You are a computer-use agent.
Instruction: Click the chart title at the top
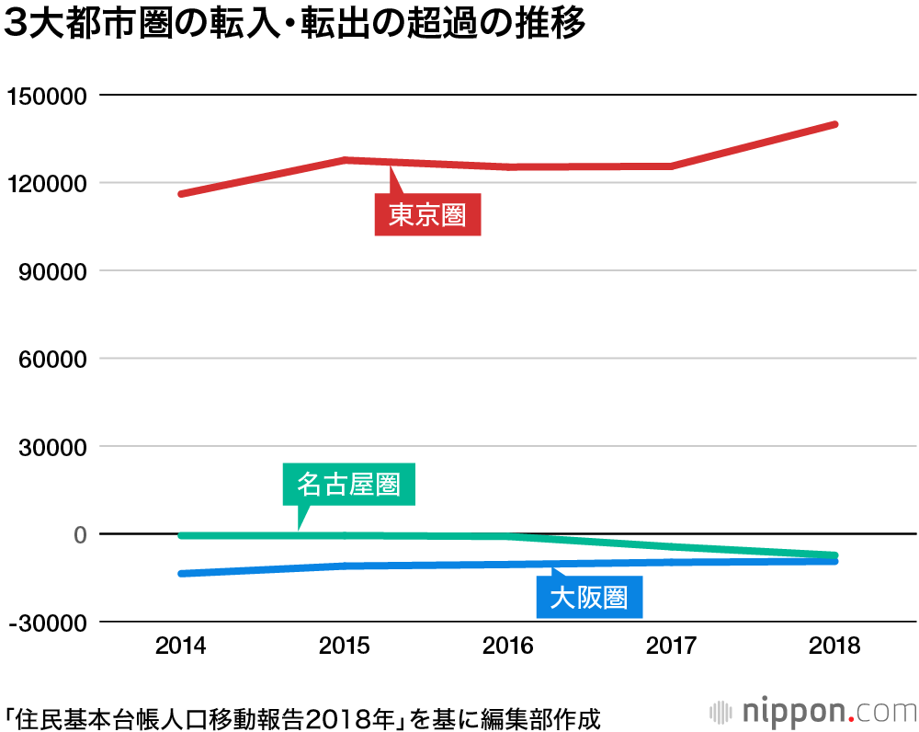click(x=294, y=26)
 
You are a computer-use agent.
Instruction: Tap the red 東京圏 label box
click(x=427, y=215)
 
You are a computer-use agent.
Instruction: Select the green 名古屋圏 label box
click(x=348, y=485)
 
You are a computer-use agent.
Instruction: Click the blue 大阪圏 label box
click(x=588, y=599)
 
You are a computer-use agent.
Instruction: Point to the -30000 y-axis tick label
click(x=48, y=623)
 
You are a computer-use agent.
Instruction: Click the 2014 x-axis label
click(x=180, y=646)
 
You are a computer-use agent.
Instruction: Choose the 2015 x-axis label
click(x=344, y=646)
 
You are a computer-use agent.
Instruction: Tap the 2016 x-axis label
click(x=507, y=646)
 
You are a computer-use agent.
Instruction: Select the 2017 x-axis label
click(x=671, y=646)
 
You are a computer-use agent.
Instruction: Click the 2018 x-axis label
click(x=834, y=646)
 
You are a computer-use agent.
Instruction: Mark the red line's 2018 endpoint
click(x=834, y=124)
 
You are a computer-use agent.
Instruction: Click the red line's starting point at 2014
click(x=181, y=194)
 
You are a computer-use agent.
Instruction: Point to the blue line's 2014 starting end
click(x=181, y=574)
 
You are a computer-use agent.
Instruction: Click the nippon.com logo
click(x=812, y=712)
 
